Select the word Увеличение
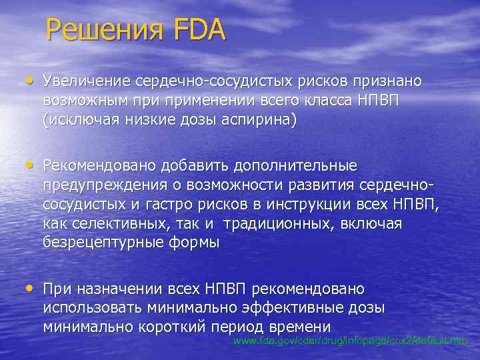[86, 81]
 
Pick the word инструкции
[319, 203]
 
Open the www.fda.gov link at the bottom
[351, 341]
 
